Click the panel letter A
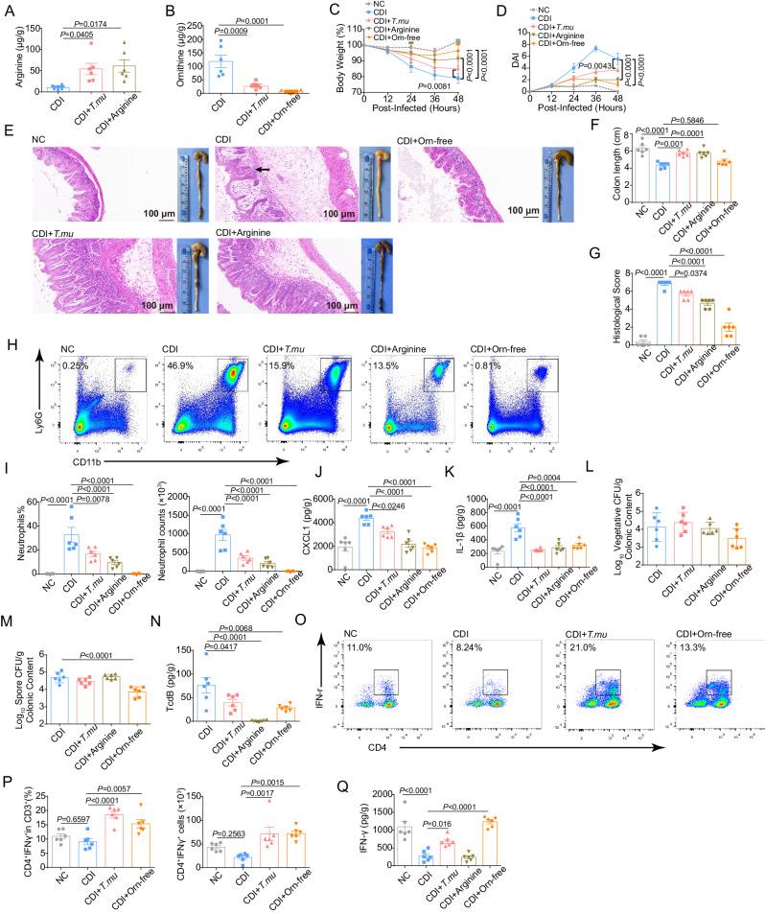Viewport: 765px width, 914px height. click(7, 9)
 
